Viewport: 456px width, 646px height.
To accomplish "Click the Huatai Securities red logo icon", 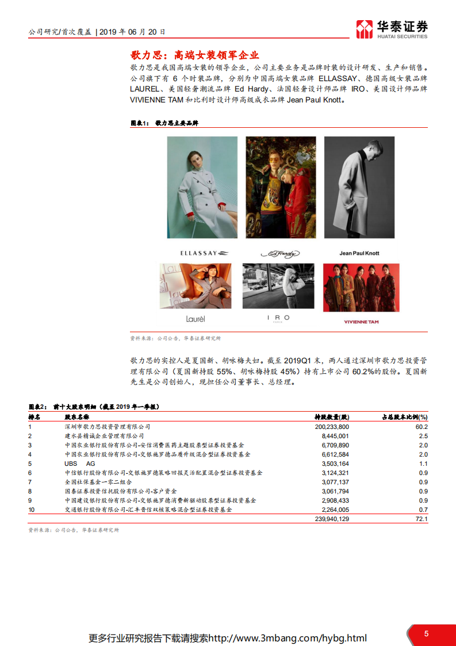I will pos(364,29).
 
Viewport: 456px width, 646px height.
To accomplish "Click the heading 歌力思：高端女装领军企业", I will pos(195,56).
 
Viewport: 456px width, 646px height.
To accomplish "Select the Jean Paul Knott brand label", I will pos(359,253).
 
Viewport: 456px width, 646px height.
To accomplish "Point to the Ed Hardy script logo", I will pos(280,253).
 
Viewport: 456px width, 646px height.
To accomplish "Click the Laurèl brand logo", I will pos(196,318).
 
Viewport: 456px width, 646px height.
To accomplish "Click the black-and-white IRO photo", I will pos(278,286).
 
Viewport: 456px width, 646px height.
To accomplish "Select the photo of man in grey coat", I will pos(359,187).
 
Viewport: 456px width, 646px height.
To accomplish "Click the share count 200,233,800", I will pos(332,427).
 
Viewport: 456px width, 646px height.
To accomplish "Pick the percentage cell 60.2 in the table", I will pos(422,427).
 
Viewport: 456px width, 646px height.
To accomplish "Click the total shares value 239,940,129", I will pos(332,519).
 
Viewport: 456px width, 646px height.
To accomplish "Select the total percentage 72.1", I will pos(422,519).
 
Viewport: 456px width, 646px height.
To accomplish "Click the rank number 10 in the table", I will pos(32,510).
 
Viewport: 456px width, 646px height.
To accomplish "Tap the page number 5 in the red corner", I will pos(426,633).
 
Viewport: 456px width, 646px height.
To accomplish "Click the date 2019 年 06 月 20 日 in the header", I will pos(132,32).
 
